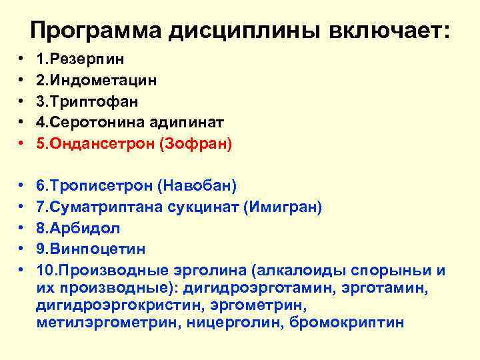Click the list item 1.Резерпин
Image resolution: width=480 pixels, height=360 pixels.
pyautogui.click(x=80, y=59)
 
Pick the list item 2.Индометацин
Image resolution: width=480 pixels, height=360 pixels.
pyautogui.click(x=97, y=81)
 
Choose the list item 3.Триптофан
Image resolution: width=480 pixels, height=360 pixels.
pyautogui.click(x=88, y=102)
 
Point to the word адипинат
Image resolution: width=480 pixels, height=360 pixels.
pyautogui.click(x=193, y=123)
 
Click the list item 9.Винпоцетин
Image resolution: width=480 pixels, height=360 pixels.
pyautogui.click(x=91, y=249)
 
